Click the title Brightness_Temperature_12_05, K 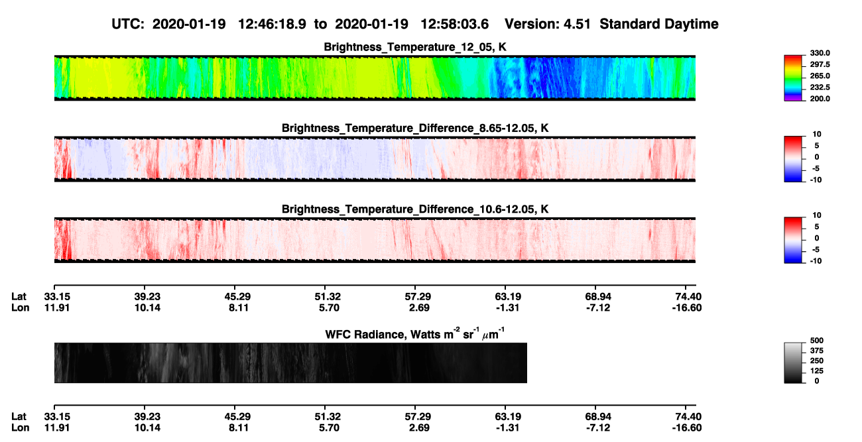[x=415, y=47]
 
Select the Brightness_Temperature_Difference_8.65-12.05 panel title [x=415, y=128]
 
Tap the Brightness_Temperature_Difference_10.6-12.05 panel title [x=415, y=209]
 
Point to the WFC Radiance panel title [x=415, y=333]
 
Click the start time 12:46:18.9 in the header [x=272, y=24]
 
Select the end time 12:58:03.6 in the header [x=454, y=24]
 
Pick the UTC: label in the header [x=128, y=24]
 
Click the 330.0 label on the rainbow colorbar [x=820, y=53]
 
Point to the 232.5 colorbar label [x=820, y=87]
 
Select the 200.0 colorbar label [x=820, y=99]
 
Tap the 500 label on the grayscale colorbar [x=817, y=341]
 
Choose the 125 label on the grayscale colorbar [x=817, y=371]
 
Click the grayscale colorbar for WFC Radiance [x=793, y=362]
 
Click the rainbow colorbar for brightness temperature [x=793, y=78]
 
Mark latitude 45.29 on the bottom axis [x=238, y=417]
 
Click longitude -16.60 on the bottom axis [x=687, y=428]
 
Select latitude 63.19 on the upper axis [x=507, y=297]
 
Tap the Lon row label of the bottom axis [x=20, y=428]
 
